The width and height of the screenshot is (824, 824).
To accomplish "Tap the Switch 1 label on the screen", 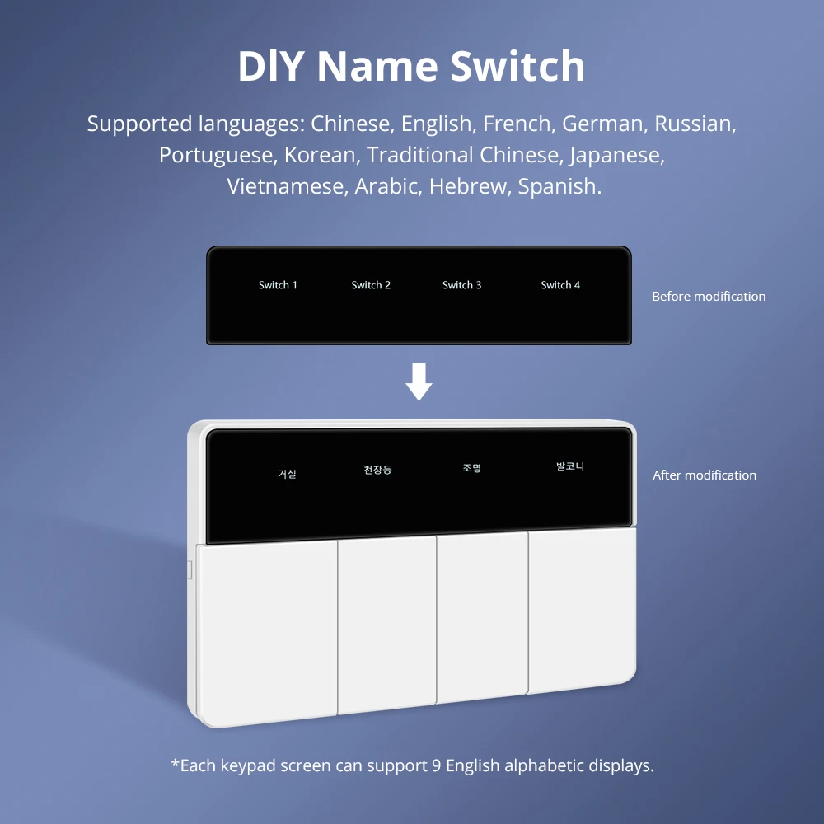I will [x=278, y=285].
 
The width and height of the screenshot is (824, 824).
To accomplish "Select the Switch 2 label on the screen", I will [x=371, y=285].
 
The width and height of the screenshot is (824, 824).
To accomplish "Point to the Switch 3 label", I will [x=462, y=285].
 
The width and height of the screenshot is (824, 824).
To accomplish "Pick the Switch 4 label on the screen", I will [x=560, y=285].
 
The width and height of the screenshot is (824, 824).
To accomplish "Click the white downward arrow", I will [x=419, y=383].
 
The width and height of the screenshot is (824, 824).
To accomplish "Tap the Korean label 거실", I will [x=287, y=474].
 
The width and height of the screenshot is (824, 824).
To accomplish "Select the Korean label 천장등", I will [x=377, y=470].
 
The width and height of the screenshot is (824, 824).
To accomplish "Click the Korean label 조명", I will [x=471, y=468].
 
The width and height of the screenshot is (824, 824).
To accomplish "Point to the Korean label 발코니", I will [x=570, y=466].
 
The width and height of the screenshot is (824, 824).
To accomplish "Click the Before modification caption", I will [x=709, y=297].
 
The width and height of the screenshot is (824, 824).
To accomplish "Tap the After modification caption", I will [x=705, y=475].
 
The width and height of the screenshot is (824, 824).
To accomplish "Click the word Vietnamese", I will [x=288, y=187].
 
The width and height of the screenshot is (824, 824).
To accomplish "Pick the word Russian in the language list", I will [x=695, y=124].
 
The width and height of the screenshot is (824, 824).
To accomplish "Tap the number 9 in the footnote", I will [x=436, y=765].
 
